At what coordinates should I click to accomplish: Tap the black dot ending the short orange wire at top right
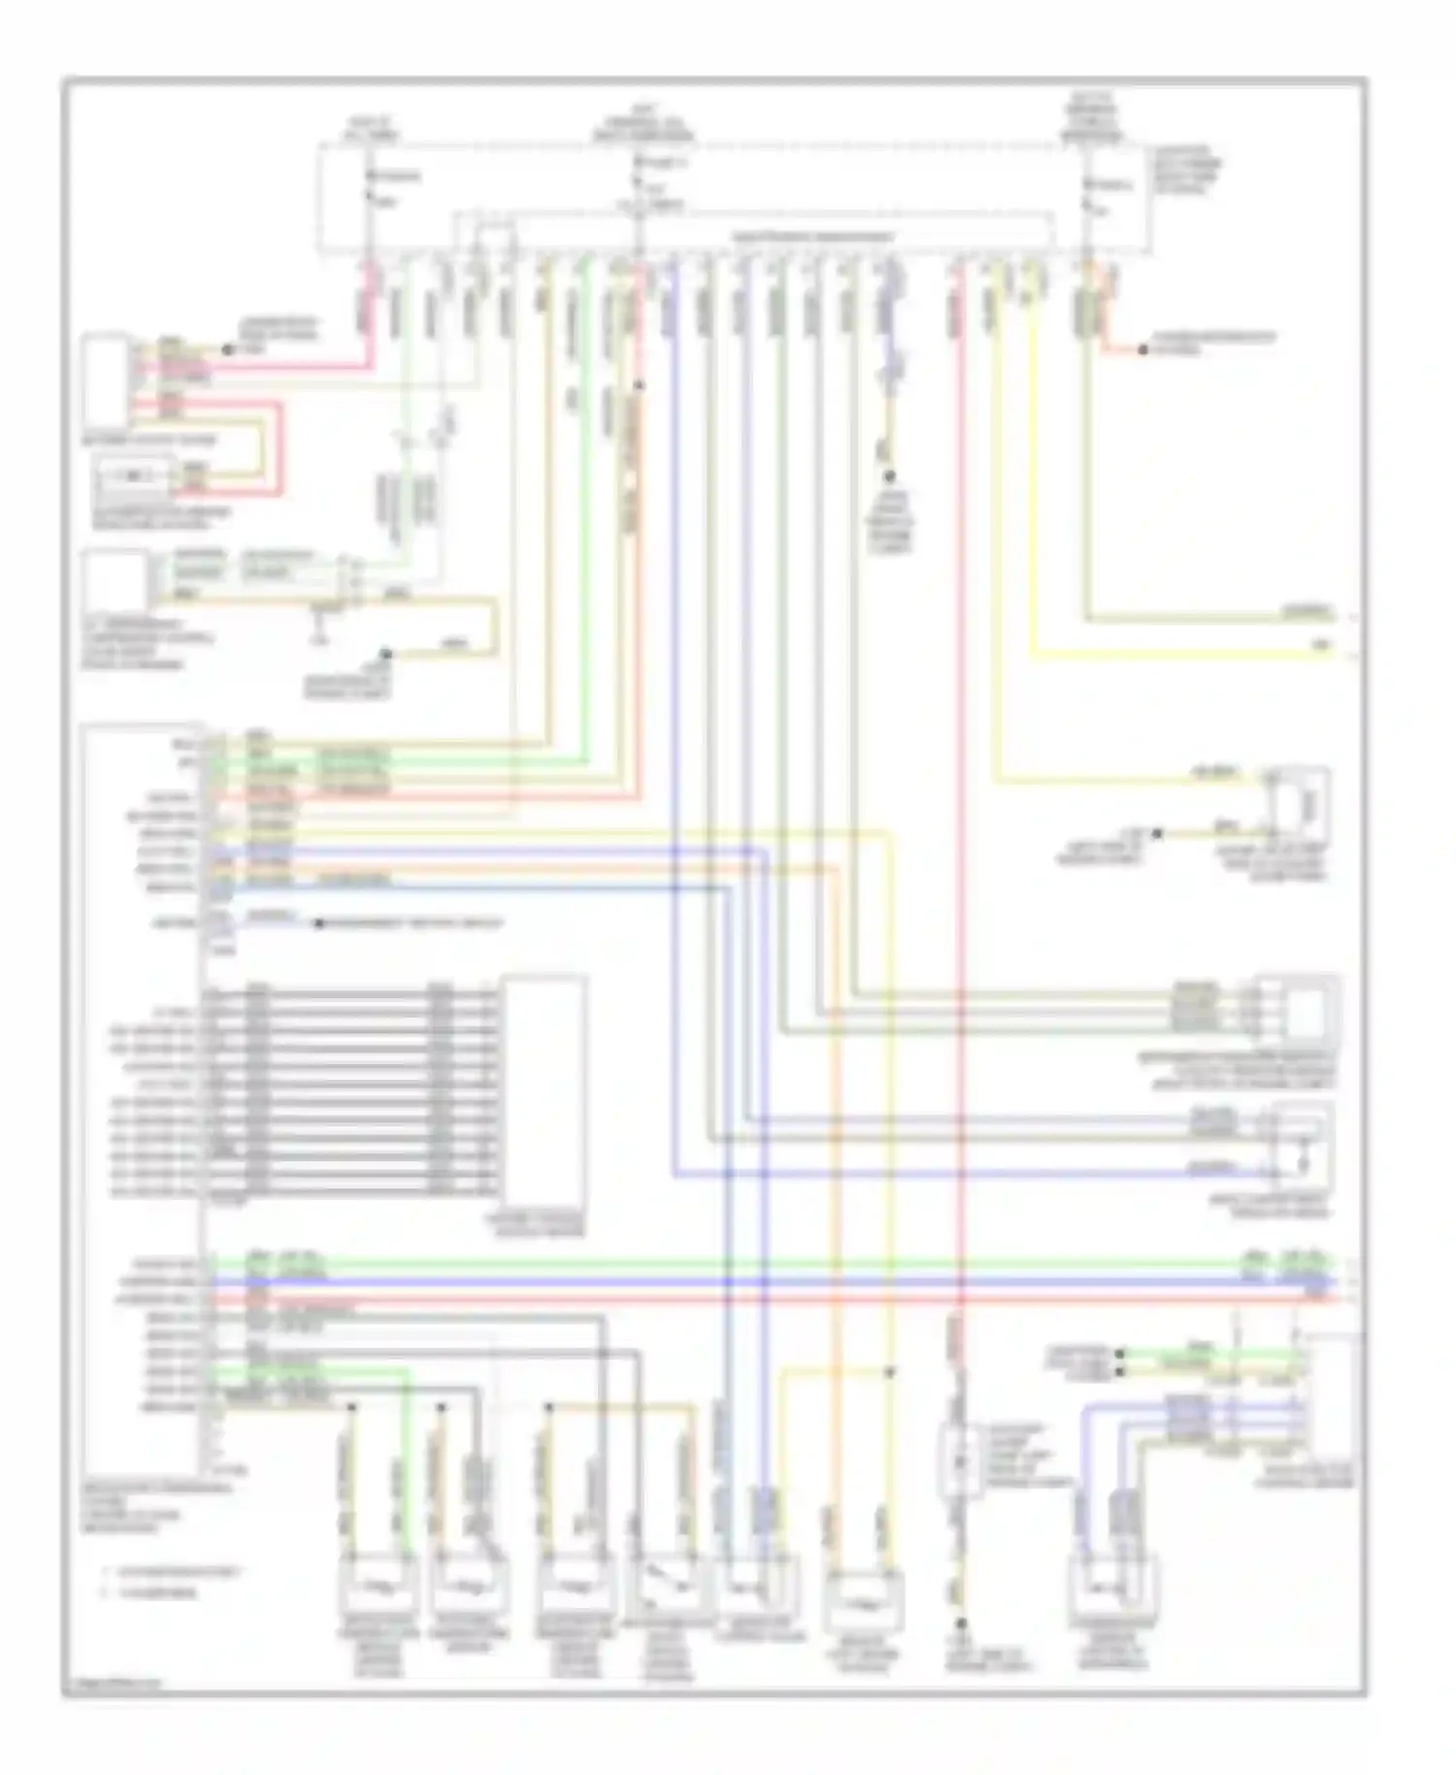click(1142, 349)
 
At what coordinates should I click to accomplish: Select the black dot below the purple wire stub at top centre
click(887, 477)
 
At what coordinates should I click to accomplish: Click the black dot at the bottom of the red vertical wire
click(961, 1623)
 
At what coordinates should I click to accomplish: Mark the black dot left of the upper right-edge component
click(1158, 833)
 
